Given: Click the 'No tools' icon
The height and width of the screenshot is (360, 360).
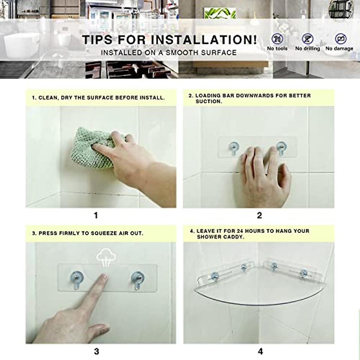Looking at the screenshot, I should (x=277, y=39).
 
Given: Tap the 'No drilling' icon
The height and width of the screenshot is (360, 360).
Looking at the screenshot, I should (x=307, y=39).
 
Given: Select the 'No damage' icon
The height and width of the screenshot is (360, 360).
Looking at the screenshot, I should (x=340, y=39).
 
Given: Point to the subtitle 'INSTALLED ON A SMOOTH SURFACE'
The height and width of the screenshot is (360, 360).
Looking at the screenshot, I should (x=169, y=53).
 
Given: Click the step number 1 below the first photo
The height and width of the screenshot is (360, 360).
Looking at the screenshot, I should (x=96, y=215).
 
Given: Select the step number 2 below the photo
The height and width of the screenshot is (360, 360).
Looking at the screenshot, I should (x=259, y=215).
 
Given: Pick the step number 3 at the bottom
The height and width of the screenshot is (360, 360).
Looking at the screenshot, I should (x=96, y=351).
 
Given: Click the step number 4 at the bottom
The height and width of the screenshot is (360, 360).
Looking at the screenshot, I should (x=260, y=351).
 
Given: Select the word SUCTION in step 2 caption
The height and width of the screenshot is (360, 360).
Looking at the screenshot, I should (x=208, y=101).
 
